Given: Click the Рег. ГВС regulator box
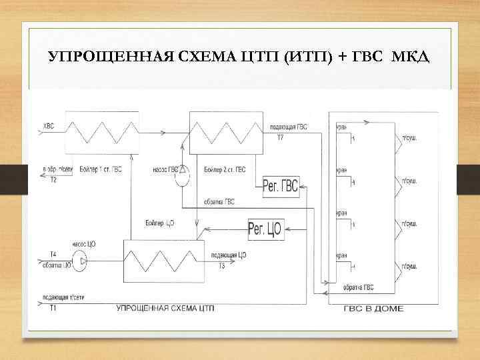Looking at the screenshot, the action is [281, 185].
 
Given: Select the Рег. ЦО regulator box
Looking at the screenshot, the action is [265, 229].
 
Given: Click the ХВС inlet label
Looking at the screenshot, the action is [49, 125].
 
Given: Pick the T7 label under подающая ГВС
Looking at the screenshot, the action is [280, 137].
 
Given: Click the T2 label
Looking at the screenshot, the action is [53, 180].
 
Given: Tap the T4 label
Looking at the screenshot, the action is [53, 253].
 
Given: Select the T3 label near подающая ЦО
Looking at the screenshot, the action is [221, 265].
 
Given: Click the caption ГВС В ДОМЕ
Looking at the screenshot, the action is [373, 309].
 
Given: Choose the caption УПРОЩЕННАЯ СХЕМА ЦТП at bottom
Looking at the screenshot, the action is [165, 309].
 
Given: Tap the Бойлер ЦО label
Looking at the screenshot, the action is [159, 222].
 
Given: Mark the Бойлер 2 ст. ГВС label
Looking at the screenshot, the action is [222, 170].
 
